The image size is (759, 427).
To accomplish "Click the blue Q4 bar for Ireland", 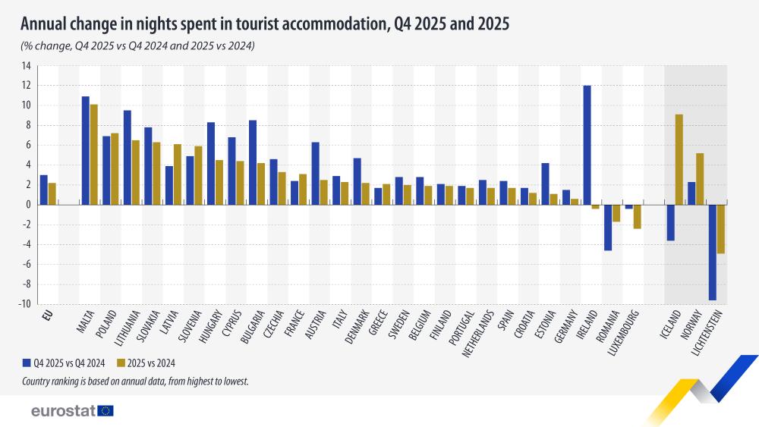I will coord(587,145).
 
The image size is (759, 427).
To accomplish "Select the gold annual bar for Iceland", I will coord(679,159).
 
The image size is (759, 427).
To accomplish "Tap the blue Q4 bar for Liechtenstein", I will coord(712,252).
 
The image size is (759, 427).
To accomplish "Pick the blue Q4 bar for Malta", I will coord(86,150).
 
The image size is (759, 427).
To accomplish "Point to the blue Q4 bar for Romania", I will coord(608,227).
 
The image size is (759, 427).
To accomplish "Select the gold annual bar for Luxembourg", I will coord(637,216).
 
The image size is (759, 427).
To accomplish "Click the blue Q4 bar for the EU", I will coord(44,190).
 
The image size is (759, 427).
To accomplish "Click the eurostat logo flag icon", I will coord(106,410).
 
